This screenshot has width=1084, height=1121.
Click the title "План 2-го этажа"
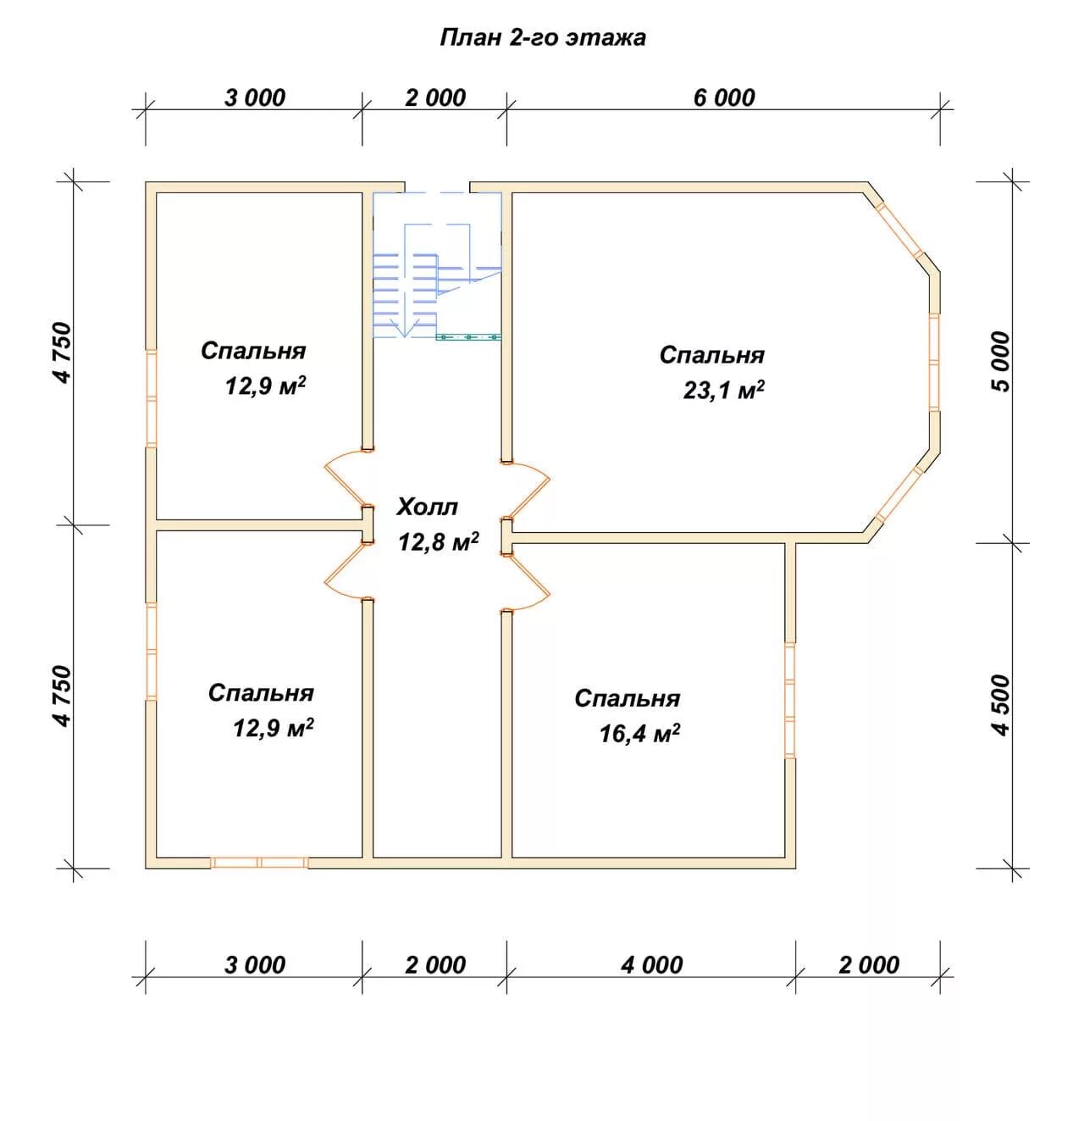(542, 37)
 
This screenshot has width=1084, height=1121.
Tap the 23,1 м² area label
(723, 390)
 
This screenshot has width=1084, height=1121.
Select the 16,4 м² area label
(639, 733)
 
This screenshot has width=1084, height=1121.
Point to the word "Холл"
(427, 507)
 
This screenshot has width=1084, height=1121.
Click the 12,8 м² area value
(439, 541)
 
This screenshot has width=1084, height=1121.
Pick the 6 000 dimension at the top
(723, 98)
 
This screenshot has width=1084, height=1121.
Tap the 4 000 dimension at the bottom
(651, 965)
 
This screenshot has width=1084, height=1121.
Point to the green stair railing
(468, 336)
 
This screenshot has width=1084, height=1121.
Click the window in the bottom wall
(259, 863)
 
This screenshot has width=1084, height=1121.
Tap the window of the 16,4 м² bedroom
(790, 700)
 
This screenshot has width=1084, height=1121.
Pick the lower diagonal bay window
(899, 494)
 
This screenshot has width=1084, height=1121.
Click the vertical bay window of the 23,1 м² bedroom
(934, 362)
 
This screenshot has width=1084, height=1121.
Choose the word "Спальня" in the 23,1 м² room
(712, 355)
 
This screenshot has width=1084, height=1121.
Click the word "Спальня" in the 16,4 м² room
(628, 698)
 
